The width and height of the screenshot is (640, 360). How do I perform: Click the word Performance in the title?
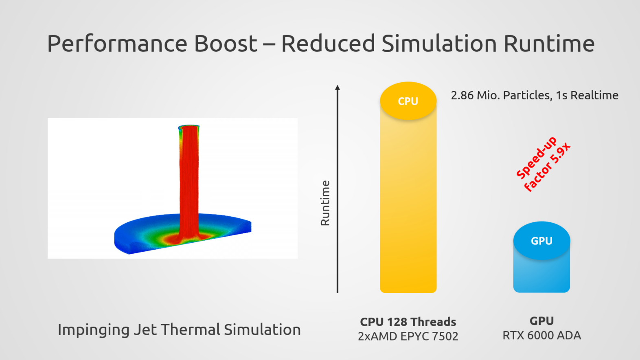118,44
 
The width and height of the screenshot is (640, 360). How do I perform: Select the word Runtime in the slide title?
549,44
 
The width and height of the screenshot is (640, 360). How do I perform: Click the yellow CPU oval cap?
408,101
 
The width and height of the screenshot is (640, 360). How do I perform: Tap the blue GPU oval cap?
541,241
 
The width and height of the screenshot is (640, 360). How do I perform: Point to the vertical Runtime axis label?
325,203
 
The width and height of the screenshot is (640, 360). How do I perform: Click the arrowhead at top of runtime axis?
338,87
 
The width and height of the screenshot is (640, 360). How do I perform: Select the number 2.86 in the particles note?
462,95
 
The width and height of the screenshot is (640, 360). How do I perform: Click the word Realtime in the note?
594,95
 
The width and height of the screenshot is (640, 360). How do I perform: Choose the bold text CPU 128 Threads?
408,322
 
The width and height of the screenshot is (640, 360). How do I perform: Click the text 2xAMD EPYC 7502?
408,336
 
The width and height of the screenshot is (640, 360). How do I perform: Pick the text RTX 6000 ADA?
541,336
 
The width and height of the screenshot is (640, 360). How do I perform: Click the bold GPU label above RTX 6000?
541,321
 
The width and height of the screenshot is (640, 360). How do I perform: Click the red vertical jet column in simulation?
189,179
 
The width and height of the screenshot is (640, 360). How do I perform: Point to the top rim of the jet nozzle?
189,126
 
